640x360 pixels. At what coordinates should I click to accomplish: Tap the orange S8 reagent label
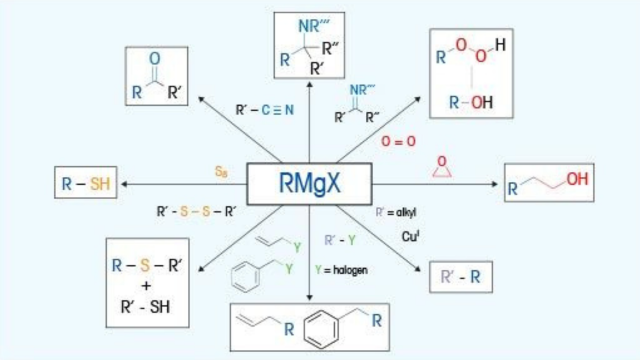(x=222, y=171)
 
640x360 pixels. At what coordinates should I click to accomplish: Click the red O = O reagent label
(x=398, y=141)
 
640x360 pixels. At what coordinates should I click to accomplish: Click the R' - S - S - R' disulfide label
(x=195, y=212)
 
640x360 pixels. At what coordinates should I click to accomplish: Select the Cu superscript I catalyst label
(x=411, y=237)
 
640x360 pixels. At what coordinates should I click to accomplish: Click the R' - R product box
(x=461, y=278)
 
